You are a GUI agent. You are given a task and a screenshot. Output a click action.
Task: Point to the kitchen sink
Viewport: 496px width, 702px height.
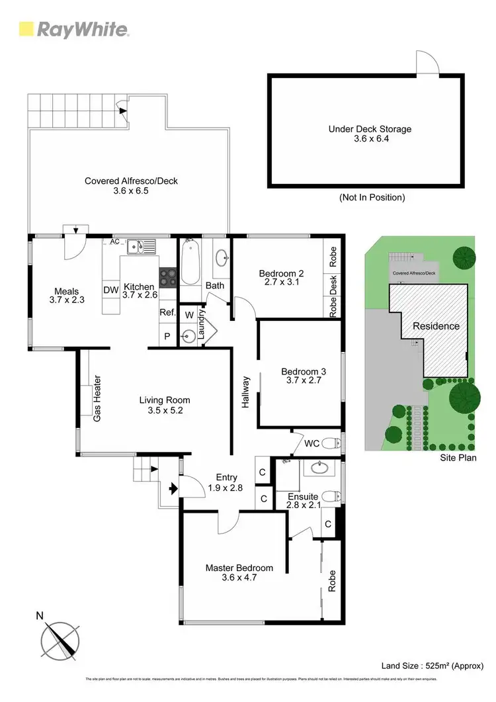coord(142,247)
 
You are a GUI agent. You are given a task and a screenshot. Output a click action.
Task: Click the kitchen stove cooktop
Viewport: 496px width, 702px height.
coord(168,276)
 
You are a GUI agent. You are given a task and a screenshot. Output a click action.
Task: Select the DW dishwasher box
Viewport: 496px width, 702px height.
coord(110,290)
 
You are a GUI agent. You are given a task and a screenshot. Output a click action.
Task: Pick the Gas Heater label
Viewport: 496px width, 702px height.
coord(97,399)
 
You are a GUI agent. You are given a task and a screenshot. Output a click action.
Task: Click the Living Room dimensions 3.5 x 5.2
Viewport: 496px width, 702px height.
coord(165,410)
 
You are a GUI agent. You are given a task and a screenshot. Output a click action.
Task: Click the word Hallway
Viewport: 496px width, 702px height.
coord(245,392)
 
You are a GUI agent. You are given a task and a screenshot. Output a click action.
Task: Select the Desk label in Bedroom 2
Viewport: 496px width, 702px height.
coord(334,284)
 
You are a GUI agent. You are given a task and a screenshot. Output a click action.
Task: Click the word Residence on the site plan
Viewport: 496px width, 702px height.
coord(436,326)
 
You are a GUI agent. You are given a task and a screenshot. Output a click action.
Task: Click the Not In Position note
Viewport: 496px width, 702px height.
coord(372,197)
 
